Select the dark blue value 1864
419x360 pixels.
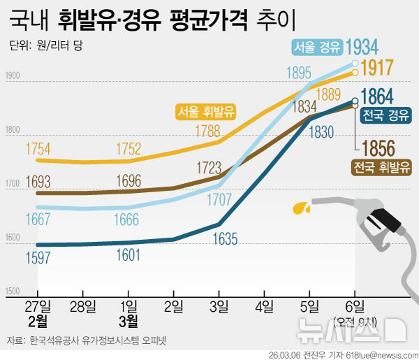377,96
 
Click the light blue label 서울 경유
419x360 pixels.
317,48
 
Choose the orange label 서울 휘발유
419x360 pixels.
206,111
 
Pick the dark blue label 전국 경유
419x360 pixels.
385,115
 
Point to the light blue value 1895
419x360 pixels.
298,73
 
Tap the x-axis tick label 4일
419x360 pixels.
264,306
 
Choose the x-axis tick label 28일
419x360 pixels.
83,306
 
